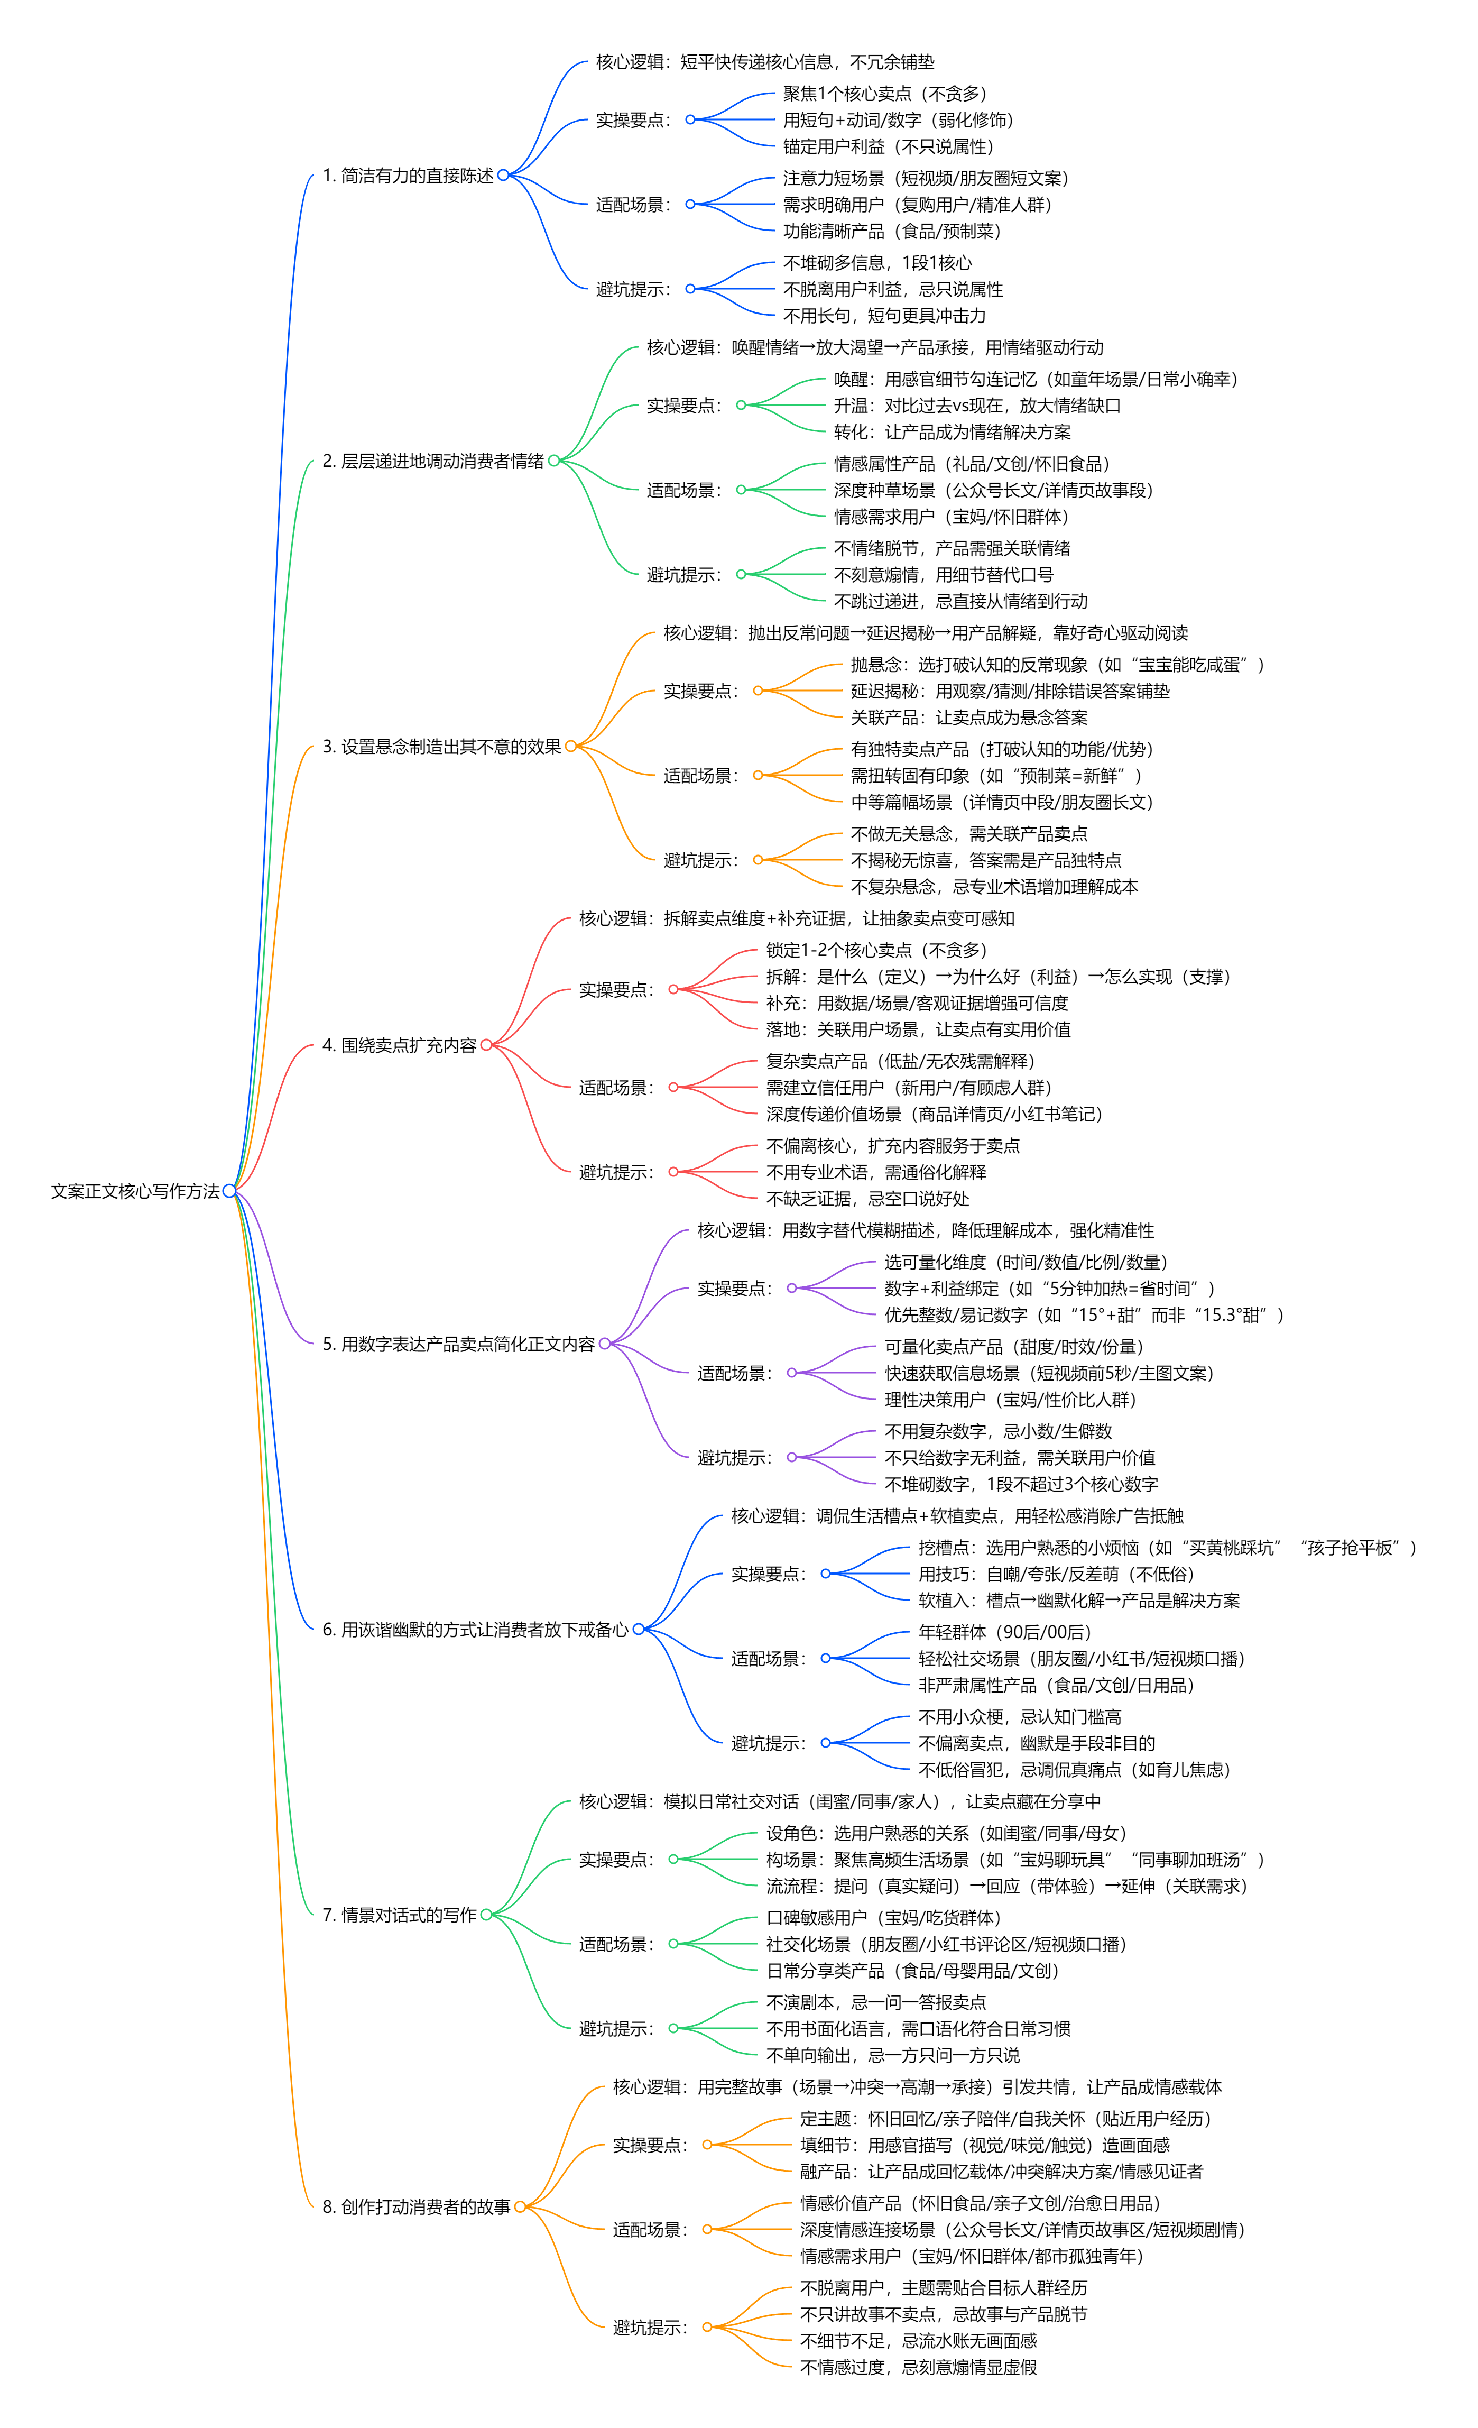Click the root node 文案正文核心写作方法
tap(135, 1191)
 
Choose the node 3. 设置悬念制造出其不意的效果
tap(441, 747)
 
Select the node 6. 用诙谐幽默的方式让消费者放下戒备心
tap(475, 1630)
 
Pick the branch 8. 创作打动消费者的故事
tap(416, 2208)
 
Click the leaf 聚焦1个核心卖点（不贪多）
tap(884, 94)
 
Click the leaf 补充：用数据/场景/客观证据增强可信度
tap(917, 1003)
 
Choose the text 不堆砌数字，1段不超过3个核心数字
tap(1021, 1484)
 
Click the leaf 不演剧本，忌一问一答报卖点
tap(876, 2002)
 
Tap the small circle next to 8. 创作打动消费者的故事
tap(519, 2208)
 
